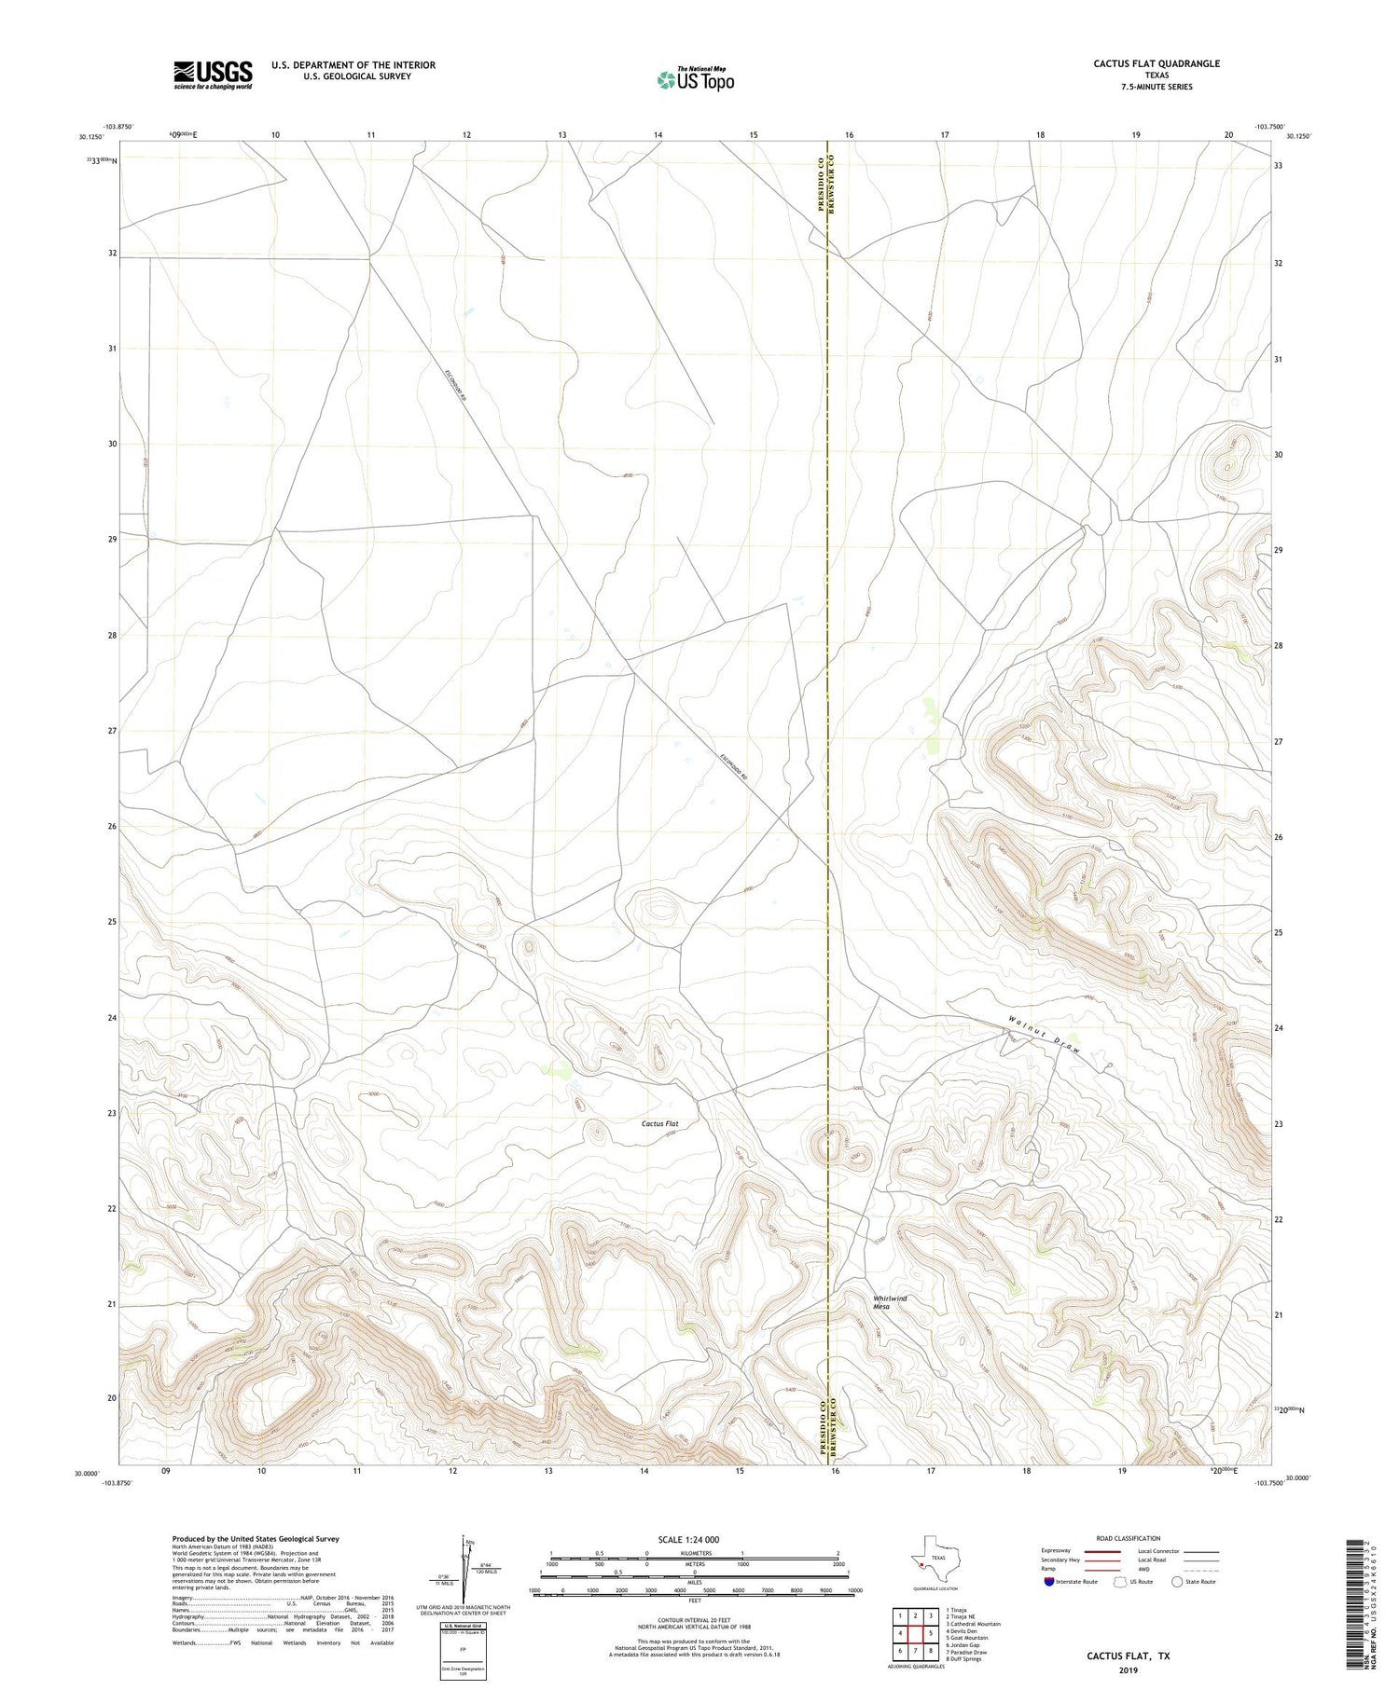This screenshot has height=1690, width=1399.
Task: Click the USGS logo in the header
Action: click(213, 75)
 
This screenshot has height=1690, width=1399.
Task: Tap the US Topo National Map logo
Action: click(695, 79)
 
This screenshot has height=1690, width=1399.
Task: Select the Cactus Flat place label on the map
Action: click(659, 1123)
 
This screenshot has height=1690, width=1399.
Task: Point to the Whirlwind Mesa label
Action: click(889, 1302)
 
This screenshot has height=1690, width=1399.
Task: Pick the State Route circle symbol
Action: click(1177, 1582)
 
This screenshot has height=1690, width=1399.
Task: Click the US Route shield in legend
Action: click(1120, 1582)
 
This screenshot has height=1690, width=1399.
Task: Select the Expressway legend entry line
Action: click(1101, 1551)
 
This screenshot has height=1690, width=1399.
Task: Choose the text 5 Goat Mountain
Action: click(966, 1637)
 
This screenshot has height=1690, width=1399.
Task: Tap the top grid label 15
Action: click(754, 135)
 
